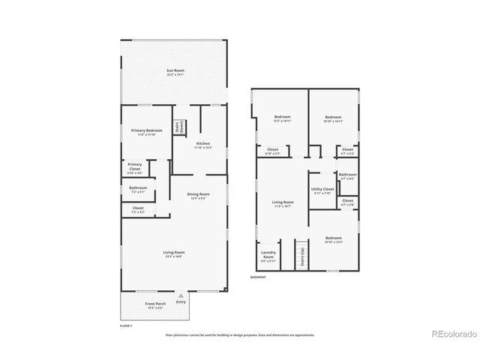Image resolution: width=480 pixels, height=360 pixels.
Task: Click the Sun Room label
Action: [x=175, y=73]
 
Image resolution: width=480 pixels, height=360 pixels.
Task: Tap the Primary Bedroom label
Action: [x=147, y=132]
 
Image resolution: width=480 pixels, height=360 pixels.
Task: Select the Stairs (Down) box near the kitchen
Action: [x=179, y=127]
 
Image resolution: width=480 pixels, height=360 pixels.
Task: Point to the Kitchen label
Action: [x=203, y=145]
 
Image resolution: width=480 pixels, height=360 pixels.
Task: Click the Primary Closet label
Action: [x=135, y=166]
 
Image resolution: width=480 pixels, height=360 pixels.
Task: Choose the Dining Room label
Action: [x=199, y=196]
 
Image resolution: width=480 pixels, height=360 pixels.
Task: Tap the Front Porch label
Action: [x=155, y=305]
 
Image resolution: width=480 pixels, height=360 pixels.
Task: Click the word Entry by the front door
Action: [x=181, y=301]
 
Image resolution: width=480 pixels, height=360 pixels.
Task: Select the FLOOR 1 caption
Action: [x=126, y=326]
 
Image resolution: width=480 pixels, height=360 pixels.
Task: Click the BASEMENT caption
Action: [x=259, y=277]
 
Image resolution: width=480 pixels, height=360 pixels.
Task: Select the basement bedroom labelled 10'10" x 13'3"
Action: [x=333, y=240]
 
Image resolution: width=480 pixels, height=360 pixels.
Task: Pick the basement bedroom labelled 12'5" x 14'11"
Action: [x=282, y=118]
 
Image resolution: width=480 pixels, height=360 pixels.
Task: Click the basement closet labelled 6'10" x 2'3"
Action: [x=273, y=151]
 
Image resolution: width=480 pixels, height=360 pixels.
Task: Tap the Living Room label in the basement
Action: [x=282, y=203]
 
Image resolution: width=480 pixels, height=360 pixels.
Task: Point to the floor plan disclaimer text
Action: [x=240, y=335]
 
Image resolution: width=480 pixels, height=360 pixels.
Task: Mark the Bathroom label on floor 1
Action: [x=137, y=189]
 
